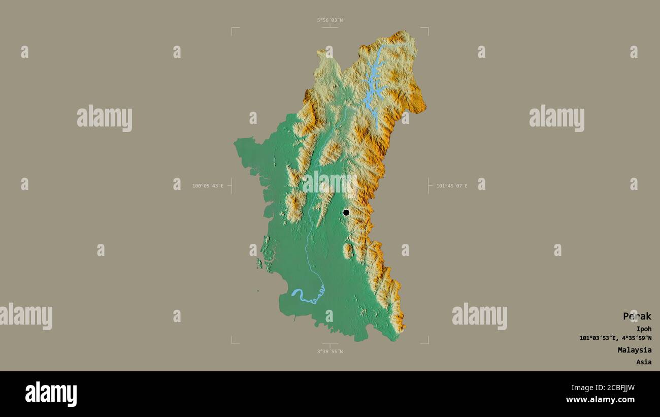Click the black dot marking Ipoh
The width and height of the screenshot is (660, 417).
(346, 212)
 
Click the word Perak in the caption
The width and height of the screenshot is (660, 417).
(637, 316)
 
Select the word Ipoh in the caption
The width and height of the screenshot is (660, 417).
(644, 329)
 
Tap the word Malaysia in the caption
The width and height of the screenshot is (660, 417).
(634, 350)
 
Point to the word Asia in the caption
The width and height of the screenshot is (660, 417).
(644, 362)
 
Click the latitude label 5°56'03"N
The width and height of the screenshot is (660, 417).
(330, 20)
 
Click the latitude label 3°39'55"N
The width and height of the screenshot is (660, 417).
(330, 351)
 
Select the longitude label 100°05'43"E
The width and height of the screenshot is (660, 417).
(208, 186)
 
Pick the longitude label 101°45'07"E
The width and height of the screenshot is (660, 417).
(452, 186)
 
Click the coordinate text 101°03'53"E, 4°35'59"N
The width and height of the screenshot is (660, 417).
(615, 338)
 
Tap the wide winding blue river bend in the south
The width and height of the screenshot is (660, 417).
(305, 297)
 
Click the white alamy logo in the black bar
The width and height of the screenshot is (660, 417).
(51, 394)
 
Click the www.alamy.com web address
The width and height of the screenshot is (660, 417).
(600, 400)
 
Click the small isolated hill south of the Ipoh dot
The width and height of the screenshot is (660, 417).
(348, 250)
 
